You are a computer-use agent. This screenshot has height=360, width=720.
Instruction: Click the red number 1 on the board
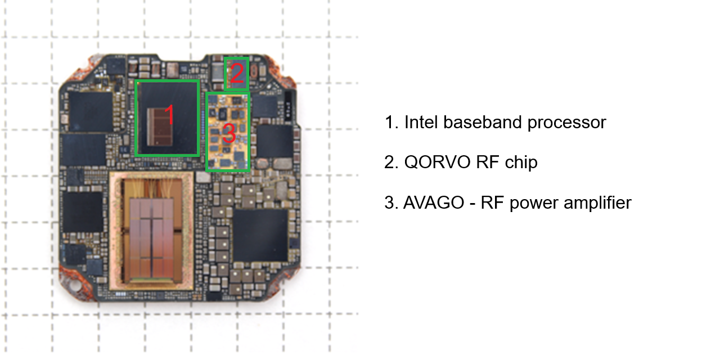[x=169, y=115]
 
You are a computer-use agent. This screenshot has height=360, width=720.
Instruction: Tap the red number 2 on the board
[x=237, y=74]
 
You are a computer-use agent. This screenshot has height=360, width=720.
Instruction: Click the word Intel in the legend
[x=421, y=122]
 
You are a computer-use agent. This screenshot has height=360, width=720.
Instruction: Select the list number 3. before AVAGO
[x=391, y=202]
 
